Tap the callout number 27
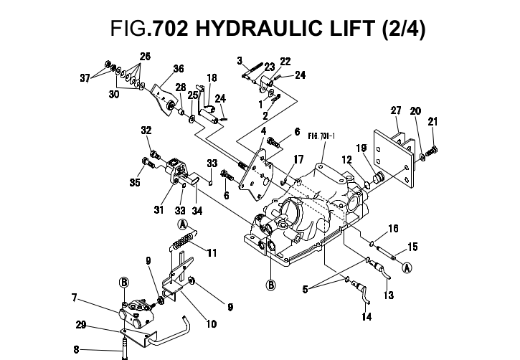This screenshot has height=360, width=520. [x=395, y=110]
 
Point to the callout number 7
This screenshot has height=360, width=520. [x=74, y=296]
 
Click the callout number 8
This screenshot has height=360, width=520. [x=77, y=351]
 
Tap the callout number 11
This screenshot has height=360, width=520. [x=212, y=252]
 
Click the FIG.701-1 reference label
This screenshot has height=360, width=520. [x=321, y=133]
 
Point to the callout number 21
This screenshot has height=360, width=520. [x=433, y=123]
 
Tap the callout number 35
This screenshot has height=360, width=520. [x=135, y=182]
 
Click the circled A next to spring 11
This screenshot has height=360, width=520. [x=184, y=224]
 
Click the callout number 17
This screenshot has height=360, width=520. [x=298, y=158]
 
